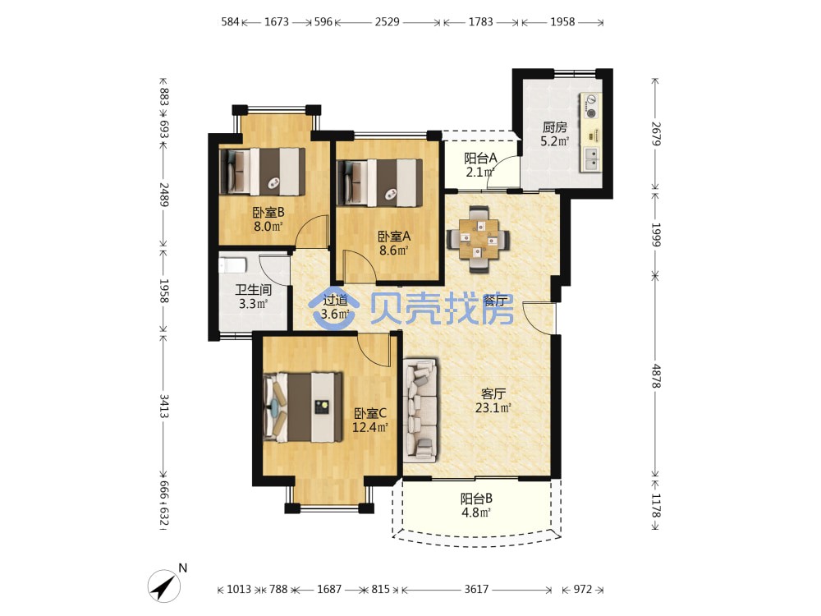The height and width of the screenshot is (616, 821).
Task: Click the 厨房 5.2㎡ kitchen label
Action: coord(554,134)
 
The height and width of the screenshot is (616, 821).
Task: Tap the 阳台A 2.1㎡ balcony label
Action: coord(480,164)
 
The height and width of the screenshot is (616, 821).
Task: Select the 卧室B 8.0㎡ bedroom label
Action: coord(268,219)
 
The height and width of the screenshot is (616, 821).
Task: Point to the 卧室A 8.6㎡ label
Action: coord(394,243)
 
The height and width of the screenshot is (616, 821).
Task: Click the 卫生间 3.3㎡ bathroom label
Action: coord(254,297)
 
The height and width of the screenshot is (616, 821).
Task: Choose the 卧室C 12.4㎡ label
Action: coord(369,420)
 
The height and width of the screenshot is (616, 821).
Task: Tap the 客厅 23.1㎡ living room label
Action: coord(493,400)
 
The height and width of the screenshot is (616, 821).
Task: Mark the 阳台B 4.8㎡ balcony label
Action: coord(476,505)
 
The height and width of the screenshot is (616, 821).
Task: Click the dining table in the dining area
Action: coord(479,239)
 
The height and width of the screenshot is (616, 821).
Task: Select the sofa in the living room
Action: coord(420,410)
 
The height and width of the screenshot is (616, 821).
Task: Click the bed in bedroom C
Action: coord(303,407)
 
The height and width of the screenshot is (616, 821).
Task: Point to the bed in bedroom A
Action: coord(379,182)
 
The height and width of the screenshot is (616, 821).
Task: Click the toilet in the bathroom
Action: coord(232,264)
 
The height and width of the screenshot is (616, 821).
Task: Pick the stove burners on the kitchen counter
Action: coord(592,106)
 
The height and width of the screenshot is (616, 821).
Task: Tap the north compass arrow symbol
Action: coord(167,585)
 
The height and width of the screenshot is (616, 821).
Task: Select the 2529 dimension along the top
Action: coord(387,21)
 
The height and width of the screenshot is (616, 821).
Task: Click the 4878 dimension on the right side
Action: coord(656,375)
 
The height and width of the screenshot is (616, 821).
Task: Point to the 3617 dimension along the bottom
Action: coord(476,589)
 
